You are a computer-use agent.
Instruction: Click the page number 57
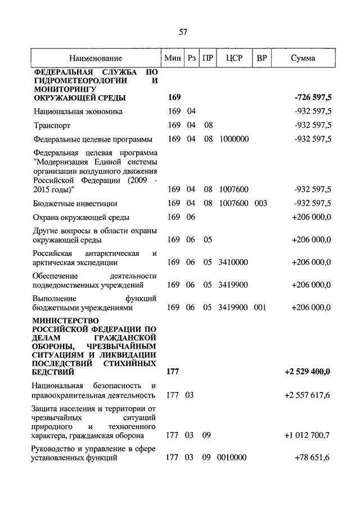click(183, 32)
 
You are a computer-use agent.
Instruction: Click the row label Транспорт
click(52, 125)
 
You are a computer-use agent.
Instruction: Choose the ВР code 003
click(260, 203)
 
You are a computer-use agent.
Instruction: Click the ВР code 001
click(260, 308)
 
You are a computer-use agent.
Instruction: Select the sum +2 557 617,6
click(308, 395)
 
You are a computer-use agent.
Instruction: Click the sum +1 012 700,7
click(308, 435)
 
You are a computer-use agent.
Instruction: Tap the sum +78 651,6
click(312, 458)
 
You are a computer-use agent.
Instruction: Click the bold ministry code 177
click(173, 372)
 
